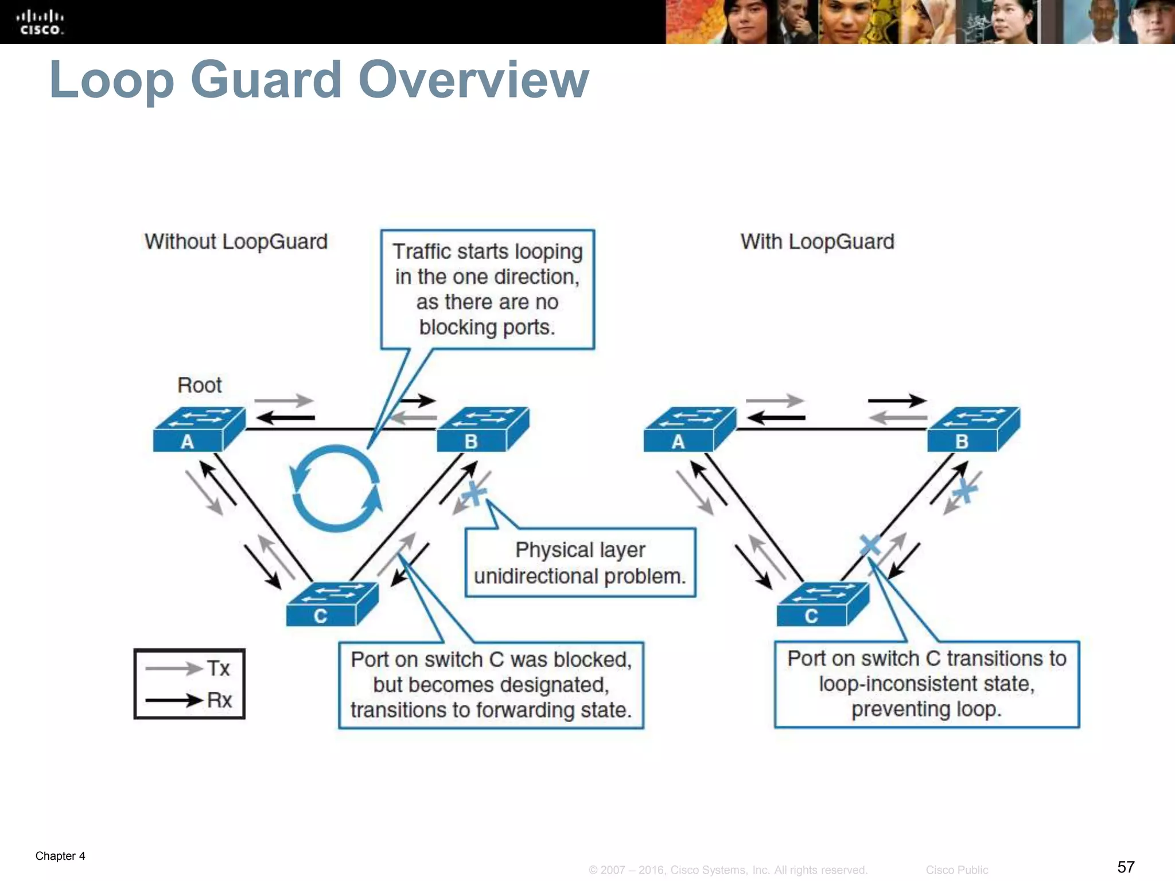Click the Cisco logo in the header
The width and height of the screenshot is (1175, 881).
(x=40, y=22)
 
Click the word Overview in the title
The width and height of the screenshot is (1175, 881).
(x=473, y=80)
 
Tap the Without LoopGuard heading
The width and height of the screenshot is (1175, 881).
(x=236, y=241)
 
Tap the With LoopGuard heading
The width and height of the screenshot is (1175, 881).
(x=817, y=241)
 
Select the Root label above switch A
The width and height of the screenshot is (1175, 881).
(x=199, y=385)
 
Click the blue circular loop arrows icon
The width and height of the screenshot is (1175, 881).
(x=336, y=488)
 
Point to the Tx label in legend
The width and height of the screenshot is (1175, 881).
(x=218, y=668)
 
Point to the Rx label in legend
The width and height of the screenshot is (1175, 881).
(x=219, y=700)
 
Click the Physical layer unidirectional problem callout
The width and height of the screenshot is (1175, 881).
(x=580, y=563)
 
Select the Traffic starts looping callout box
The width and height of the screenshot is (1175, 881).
(x=487, y=290)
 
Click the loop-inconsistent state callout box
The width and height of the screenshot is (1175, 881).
(x=927, y=684)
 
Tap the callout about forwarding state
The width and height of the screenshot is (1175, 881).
(x=491, y=685)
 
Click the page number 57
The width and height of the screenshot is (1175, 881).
(x=1126, y=866)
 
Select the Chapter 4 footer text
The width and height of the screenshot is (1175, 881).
(x=60, y=856)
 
